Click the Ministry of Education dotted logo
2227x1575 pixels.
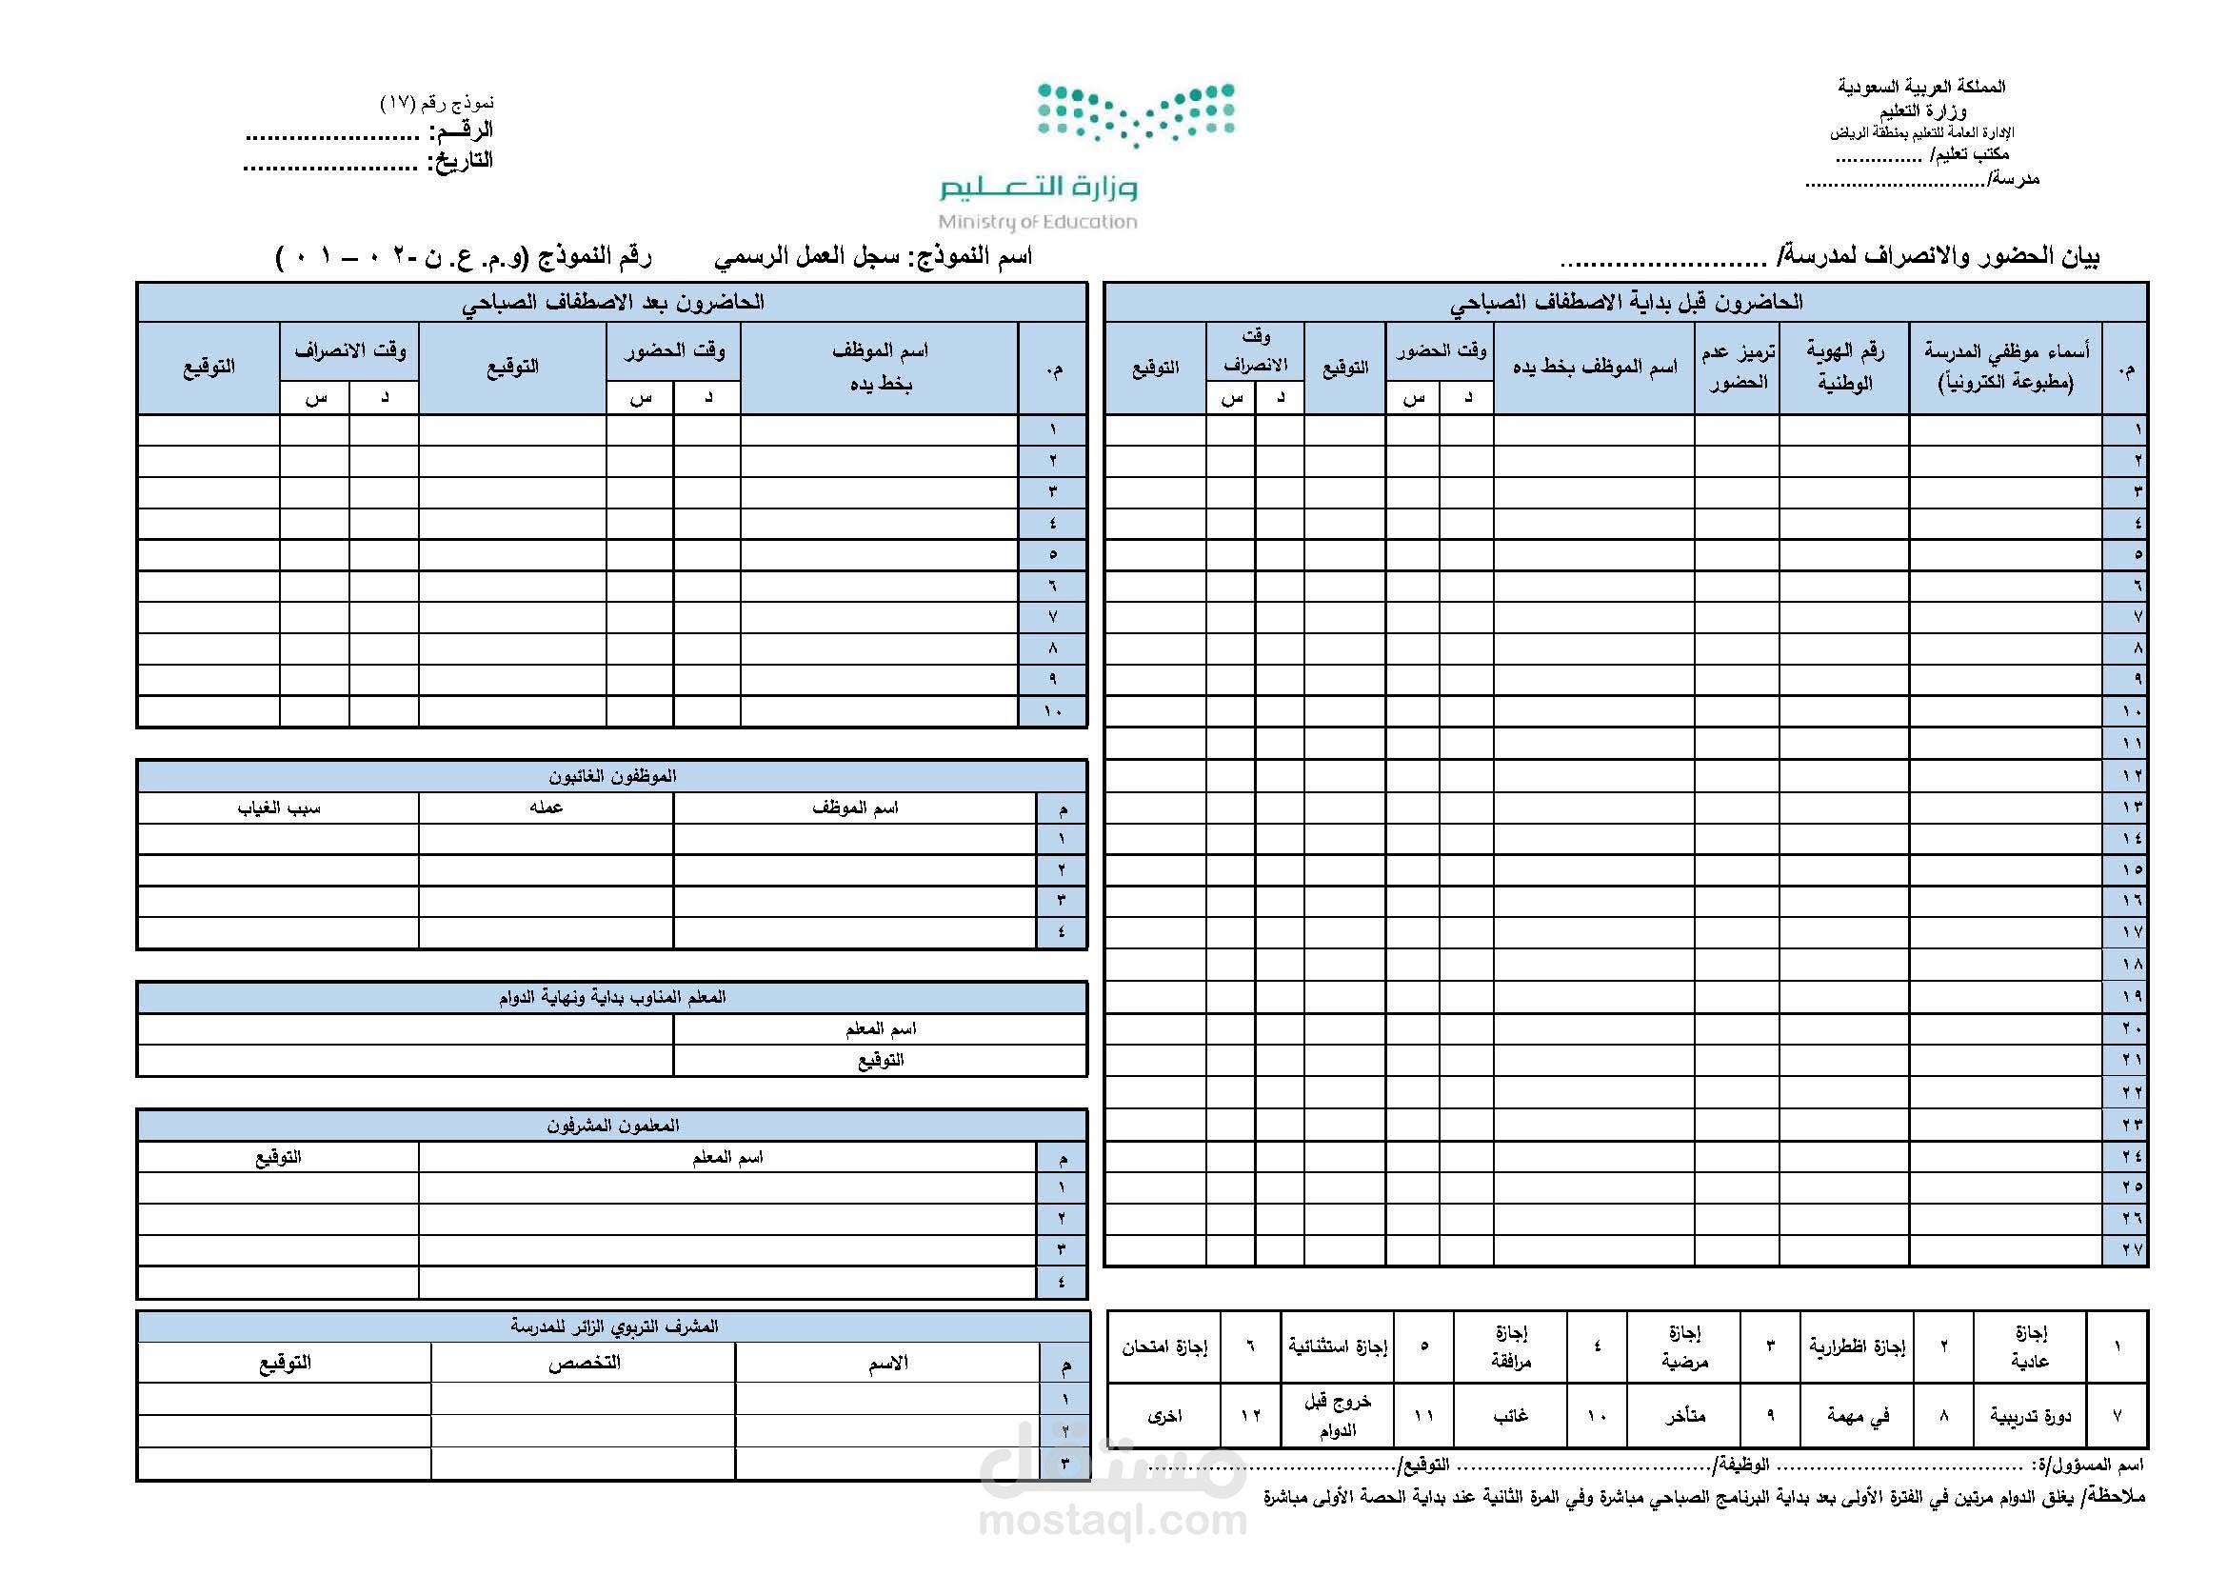[x=1136, y=114]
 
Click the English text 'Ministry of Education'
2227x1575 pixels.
[x=1037, y=222]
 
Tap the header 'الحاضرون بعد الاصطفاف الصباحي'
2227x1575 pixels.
[x=612, y=303]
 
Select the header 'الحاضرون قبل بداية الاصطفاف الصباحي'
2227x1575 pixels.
[x=1625, y=303]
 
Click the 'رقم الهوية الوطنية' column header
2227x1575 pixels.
[x=1844, y=367]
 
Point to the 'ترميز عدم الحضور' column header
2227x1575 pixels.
[x=1738, y=367]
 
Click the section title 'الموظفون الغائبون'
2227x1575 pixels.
[x=612, y=776]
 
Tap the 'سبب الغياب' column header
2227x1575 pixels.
[x=278, y=807]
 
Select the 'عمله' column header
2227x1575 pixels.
[x=547, y=807]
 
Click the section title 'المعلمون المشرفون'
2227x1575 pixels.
[x=612, y=1125]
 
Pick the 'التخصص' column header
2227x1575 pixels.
[x=584, y=1363]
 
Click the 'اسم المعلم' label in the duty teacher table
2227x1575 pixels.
[x=881, y=1029]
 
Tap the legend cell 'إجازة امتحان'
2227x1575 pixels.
[x=1163, y=1346]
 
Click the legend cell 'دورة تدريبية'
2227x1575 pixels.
[x=2030, y=1416]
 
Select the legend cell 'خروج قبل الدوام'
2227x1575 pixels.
[x=1338, y=1416]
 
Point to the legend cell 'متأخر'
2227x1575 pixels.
[x=1685, y=1416]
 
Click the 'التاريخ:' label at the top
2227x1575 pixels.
[x=461, y=160]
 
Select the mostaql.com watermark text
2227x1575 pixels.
[x=1112, y=1520]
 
